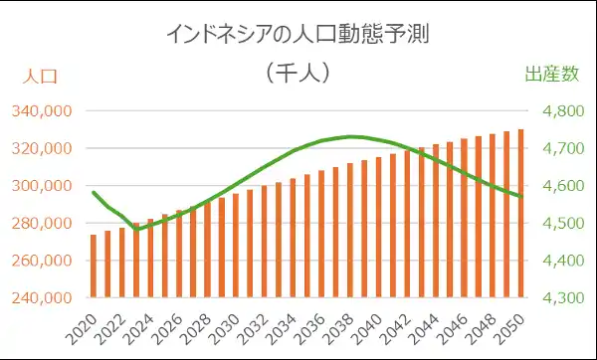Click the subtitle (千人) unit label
tap(298, 73)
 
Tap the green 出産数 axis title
tap(551, 75)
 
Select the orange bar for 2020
tap(94, 266)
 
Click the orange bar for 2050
tap(520, 213)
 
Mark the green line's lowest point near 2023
tap(136, 229)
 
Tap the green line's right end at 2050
tap(520, 197)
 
